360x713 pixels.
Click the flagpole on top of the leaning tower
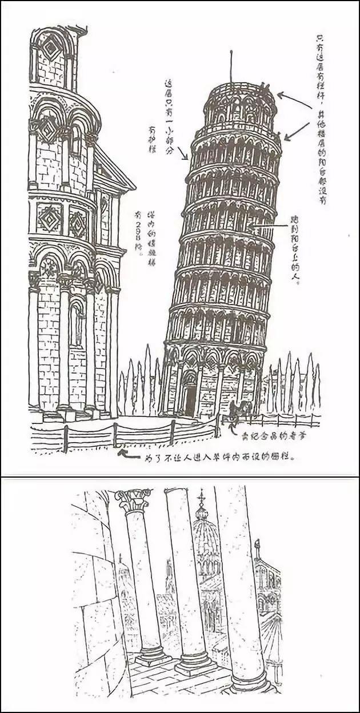[231, 66]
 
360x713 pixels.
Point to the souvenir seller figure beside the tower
[240, 409]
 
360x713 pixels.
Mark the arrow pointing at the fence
[128, 456]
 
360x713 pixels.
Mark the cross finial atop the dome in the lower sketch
[201, 498]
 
